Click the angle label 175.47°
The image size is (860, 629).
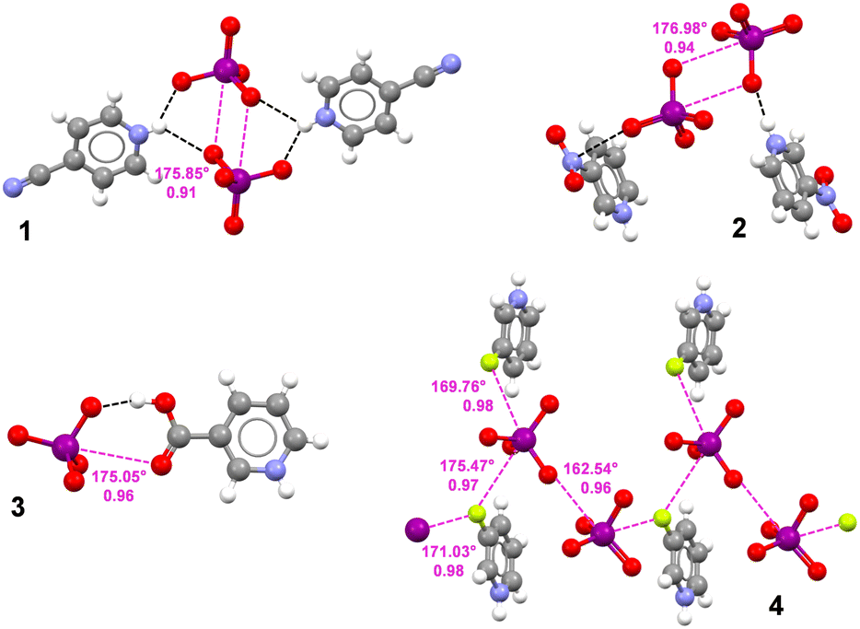coord(465,467)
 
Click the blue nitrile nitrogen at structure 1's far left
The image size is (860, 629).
coord(12,181)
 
